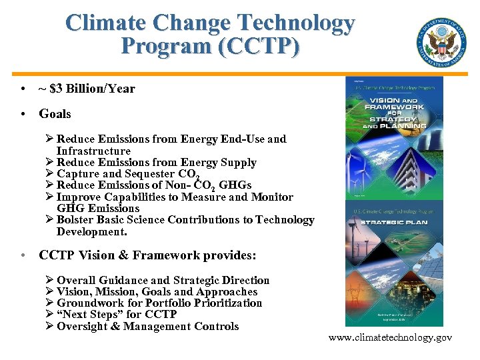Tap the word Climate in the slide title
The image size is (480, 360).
(x=107, y=23)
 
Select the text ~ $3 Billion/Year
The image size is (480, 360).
(x=87, y=89)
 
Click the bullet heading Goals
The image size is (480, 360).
(x=55, y=114)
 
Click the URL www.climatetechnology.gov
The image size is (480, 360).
(x=390, y=337)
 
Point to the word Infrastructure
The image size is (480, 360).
(x=93, y=151)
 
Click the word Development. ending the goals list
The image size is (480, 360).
(x=91, y=231)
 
